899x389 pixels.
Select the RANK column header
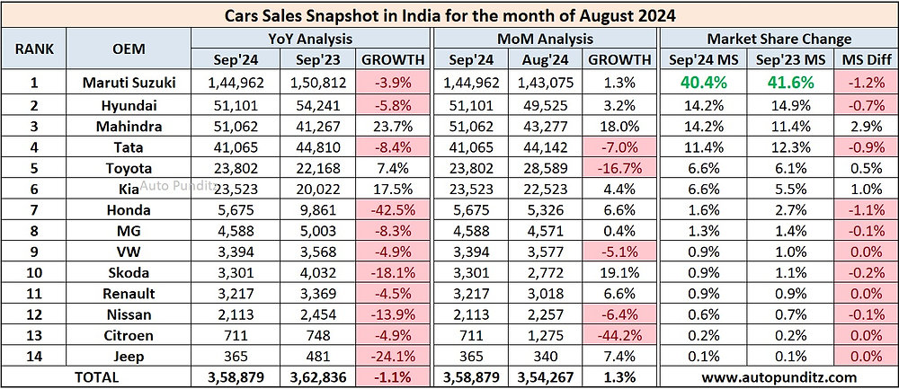pos(34,49)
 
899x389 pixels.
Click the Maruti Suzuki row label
pos(129,84)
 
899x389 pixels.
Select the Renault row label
pos(129,294)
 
